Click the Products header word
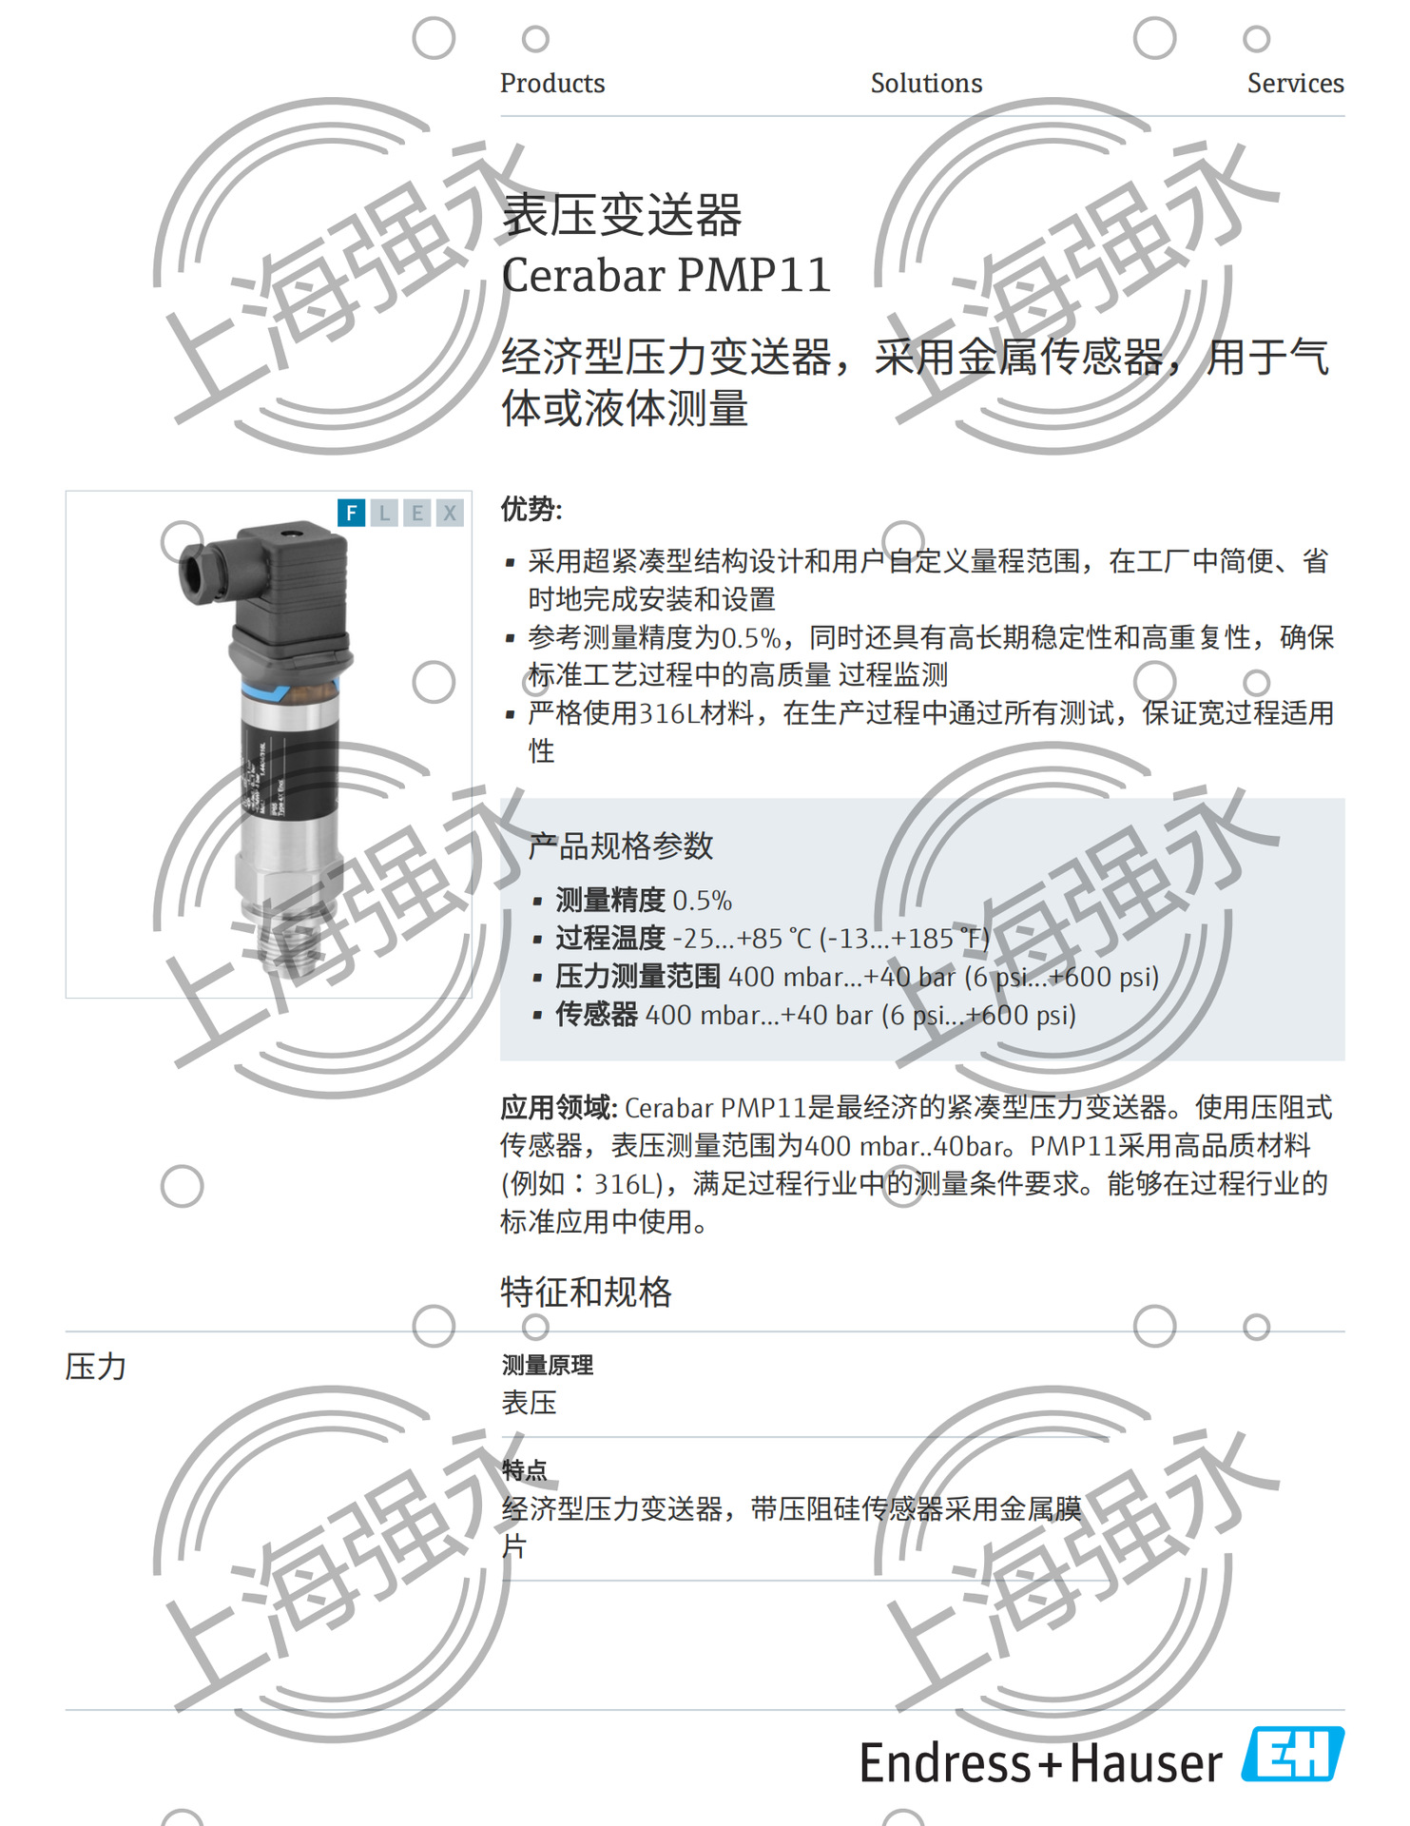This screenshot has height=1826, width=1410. [x=552, y=84]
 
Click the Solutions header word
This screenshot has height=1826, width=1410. [x=926, y=84]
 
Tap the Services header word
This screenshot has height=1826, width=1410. [x=1295, y=84]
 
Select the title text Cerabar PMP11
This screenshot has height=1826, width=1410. [x=666, y=276]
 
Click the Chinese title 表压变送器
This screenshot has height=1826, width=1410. [x=622, y=215]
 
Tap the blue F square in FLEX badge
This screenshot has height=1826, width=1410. [x=352, y=514]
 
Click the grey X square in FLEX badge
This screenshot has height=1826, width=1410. [x=450, y=514]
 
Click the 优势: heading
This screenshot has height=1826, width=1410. [x=531, y=510]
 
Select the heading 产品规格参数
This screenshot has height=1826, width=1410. [x=620, y=845]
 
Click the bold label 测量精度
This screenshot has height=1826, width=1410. [x=610, y=900]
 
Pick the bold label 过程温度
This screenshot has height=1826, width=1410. [x=610, y=939]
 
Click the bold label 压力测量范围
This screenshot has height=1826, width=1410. [x=638, y=977]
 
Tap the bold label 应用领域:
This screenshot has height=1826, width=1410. [x=559, y=1108]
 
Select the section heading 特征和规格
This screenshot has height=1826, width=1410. [x=586, y=1292]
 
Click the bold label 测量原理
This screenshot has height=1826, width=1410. [x=548, y=1366]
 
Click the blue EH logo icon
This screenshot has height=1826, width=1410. [x=1293, y=1755]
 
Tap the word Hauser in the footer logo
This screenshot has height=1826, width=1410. [x=1146, y=1764]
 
